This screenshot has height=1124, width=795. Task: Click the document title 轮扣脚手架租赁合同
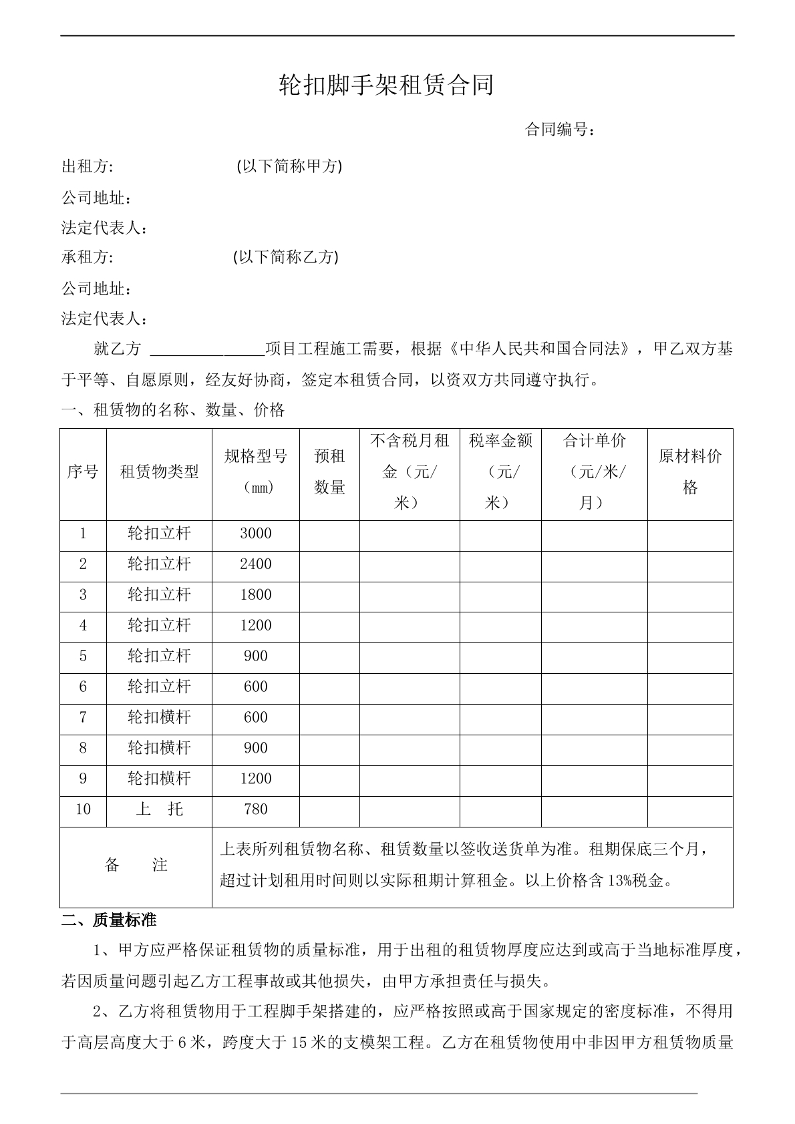386,85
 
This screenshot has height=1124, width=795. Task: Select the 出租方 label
87,166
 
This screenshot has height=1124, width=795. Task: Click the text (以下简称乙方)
285,257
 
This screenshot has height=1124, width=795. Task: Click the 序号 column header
83,473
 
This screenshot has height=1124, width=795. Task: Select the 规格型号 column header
256,472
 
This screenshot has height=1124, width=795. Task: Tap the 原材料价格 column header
690,472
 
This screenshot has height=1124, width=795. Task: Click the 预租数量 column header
329,472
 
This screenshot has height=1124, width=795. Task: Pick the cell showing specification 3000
256,534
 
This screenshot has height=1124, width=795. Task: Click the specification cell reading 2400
256,564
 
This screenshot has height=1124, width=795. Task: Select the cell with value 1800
256,595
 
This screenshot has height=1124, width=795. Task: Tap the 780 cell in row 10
256,809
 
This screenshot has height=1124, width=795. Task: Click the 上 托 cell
159,809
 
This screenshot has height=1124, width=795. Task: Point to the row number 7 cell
83,717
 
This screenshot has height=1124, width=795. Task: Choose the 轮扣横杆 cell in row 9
159,779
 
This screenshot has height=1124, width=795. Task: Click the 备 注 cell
136,866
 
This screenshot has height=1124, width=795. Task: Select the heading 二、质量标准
109,920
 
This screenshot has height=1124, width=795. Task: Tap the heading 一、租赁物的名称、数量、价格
173,410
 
